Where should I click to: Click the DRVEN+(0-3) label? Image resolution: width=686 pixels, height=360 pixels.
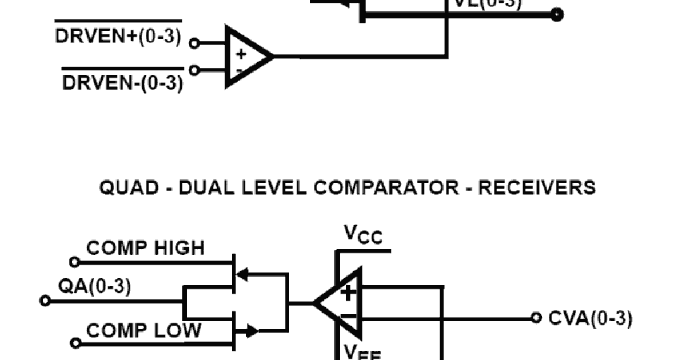[x=118, y=37]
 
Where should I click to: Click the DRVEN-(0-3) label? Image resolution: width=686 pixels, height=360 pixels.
[x=122, y=83]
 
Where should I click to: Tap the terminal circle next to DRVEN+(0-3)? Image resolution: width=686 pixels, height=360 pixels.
[x=194, y=43]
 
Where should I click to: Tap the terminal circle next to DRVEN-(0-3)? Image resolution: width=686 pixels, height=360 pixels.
[x=194, y=70]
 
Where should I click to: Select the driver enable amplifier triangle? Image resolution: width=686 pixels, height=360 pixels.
[x=246, y=57]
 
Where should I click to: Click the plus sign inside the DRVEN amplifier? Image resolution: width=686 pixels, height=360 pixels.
[x=241, y=54]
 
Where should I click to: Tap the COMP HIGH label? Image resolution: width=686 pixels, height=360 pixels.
[x=145, y=248]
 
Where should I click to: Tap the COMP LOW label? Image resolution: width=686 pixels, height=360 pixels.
[x=143, y=330]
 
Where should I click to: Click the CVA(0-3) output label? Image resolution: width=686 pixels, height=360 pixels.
[x=590, y=318]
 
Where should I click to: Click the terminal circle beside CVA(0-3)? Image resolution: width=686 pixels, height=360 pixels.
[x=536, y=318]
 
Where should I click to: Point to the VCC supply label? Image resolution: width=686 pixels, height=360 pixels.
[x=363, y=234]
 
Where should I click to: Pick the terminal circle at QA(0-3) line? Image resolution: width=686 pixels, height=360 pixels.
[x=45, y=301]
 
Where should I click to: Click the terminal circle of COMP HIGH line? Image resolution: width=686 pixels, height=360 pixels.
[x=74, y=262]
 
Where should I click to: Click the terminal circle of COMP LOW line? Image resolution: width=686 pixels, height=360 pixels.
[x=75, y=343]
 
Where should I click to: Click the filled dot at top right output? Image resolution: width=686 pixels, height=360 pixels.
[x=556, y=15]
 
